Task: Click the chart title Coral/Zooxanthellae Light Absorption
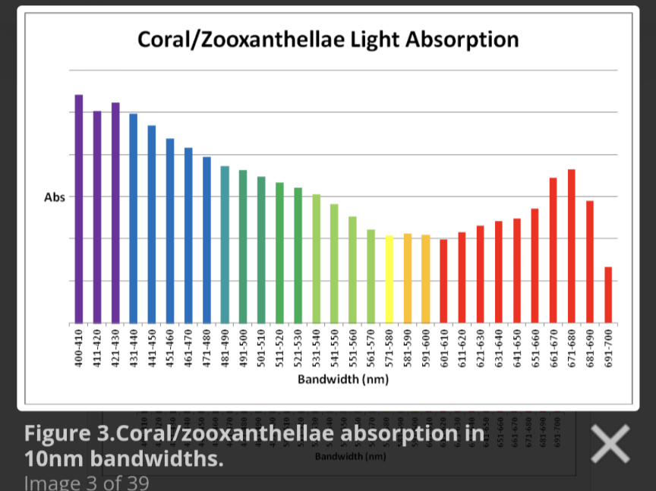click(328, 39)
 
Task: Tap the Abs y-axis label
click(55, 197)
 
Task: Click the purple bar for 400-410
click(79, 209)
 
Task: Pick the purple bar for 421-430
click(115, 212)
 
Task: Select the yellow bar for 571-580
click(389, 279)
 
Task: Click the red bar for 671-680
click(572, 246)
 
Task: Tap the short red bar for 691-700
click(608, 294)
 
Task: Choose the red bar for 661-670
click(553, 250)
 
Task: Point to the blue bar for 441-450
click(152, 224)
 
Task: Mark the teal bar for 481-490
click(225, 244)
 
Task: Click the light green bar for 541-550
click(334, 263)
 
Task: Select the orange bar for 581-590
click(408, 278)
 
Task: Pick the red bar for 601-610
click(444, 281)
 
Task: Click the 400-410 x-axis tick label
click(79, 348)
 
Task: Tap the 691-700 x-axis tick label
click(608, 348)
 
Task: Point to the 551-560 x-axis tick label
click(353, 348)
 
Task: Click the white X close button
click(610, 443)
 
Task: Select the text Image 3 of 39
click(87, 483)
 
